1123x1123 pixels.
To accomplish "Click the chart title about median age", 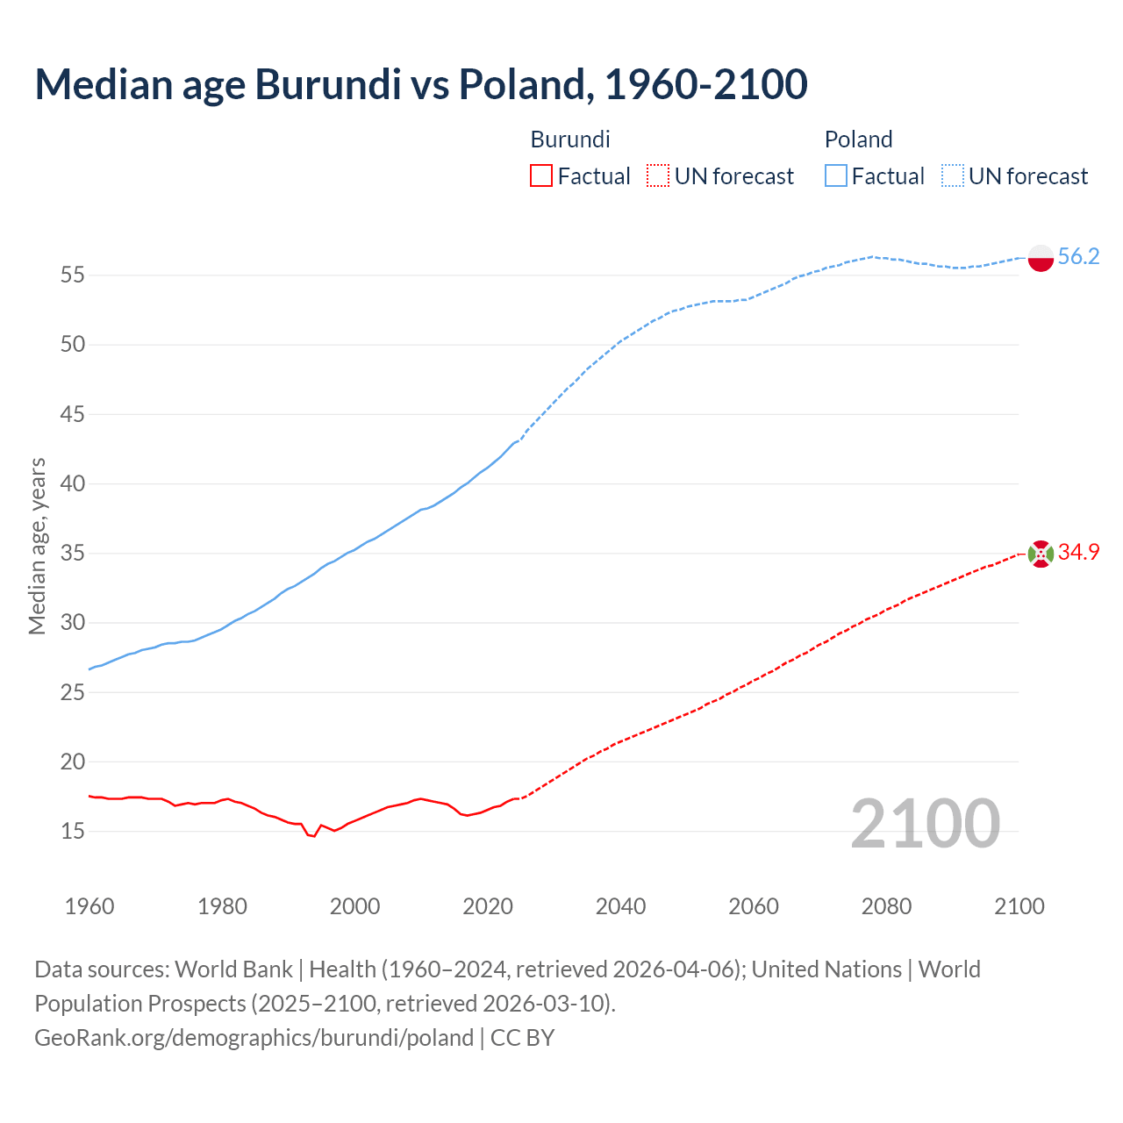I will point(421,84).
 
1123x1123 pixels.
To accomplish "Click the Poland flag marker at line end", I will point(1041,258).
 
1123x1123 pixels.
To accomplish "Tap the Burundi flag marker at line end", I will point(1041,554).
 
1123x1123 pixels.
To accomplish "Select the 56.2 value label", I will point(1078,256).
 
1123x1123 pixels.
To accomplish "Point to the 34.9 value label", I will point(1078,552).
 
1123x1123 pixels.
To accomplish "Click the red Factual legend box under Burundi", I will point(541,176).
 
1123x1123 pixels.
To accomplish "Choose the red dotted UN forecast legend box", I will point(658,176).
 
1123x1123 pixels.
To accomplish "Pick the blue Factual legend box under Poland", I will point(836,176).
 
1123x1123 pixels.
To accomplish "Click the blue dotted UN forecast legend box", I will point(953,176).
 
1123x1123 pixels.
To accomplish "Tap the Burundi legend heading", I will point(570,139).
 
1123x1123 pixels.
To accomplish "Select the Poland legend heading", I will point(858,139).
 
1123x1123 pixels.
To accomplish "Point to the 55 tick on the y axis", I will point(73,275).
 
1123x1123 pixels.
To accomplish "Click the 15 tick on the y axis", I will point(73,831).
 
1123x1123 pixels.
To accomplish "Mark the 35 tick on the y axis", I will point(73,554).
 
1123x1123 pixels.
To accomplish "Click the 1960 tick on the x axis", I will point(89,906).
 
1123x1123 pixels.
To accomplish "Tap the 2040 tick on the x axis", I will point(620,906).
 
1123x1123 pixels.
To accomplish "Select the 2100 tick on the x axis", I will point(1019,906).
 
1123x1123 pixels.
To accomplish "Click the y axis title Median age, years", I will point(37,546).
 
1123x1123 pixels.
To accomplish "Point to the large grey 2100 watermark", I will point(925,823).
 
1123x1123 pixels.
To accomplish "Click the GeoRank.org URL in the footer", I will point(254,1038).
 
